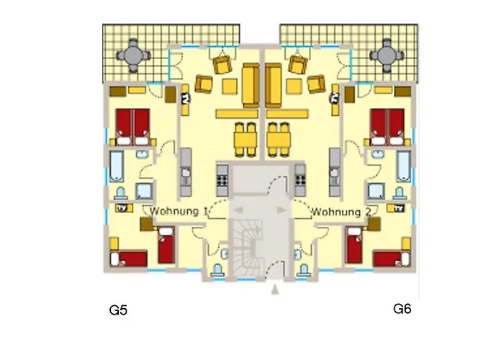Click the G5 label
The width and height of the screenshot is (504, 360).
coord(118,310)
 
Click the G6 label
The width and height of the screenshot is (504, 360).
coord(402,309)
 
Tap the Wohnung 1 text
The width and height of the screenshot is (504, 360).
coord(179,212)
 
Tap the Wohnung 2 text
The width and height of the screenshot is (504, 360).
coord(341,212)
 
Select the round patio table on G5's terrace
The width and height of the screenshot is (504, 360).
coord(133,55)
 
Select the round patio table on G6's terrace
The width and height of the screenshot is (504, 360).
coord(387,55)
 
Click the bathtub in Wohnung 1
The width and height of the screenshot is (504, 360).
coord(117,166)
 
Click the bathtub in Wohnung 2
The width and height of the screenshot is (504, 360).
coord(403,166)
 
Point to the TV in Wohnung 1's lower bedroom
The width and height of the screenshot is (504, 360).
coord(122,208)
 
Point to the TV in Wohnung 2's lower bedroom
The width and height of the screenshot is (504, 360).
coord(399,208)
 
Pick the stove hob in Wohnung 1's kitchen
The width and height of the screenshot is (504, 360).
coord(222,180)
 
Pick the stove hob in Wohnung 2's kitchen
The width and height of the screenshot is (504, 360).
coord(300,180)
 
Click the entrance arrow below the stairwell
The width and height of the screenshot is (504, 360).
coord(275,289)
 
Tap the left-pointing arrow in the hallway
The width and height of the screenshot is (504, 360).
coord(238,210)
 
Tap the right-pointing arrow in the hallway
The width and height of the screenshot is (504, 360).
coord(282,210)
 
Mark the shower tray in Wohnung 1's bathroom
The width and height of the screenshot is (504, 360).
coord(143,191)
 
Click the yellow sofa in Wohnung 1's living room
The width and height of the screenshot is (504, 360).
coord(251,86)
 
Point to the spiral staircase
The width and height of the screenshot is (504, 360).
coord(247,248)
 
